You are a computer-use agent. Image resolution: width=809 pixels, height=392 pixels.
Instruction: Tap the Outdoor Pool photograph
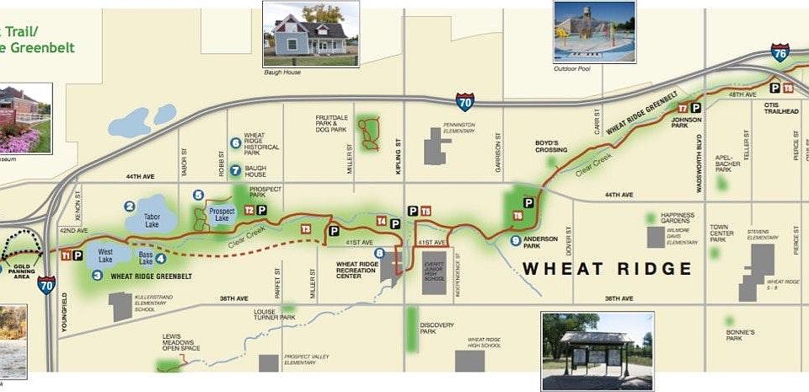pyautogui.click(x=593, y=32)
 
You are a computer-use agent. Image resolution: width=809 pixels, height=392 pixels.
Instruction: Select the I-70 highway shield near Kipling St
pyautogui.click(x=465, y=102)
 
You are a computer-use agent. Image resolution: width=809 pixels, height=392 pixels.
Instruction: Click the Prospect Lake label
pyautogui.click(x=222, y=215)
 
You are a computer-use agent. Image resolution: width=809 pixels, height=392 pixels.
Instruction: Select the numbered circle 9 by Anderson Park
pyautogui.click(x=514, y=240)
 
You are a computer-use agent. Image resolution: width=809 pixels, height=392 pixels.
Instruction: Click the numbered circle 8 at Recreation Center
pyautogui.click(x=379, y=253)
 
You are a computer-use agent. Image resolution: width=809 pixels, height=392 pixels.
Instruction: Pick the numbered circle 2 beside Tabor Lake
pyautogui.click(x=130, y=207)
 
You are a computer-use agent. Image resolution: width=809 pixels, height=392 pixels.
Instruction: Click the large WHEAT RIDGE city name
pyautogui.click(x=608, y=269)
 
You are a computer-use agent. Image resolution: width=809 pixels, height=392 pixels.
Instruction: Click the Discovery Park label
pyautogui.click(x=437, y=328)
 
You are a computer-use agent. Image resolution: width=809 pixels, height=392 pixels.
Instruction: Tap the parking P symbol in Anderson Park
pyautogui.click(x=528, y=202)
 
